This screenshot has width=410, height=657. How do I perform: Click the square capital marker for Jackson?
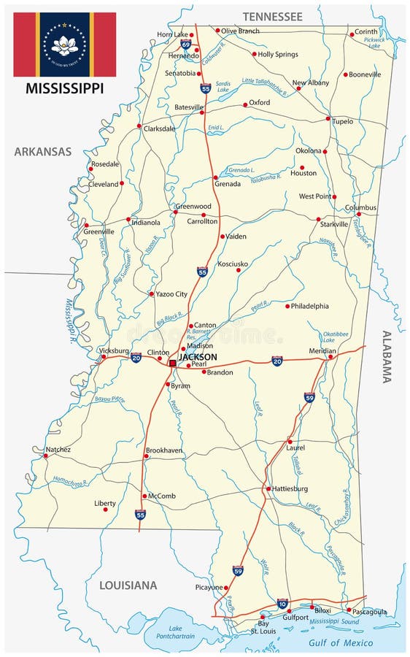pyautogui.click(x=172, y=363)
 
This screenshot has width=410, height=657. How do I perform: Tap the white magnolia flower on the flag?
pyautogui.click(x=64, y=45)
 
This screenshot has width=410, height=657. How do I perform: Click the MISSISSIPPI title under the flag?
pyautogui.click(x=64, y=89)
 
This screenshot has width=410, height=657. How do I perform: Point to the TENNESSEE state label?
pyautogui.click(x=272, y=16)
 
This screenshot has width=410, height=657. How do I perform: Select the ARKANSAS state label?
pyautogui.click(x=43, y=152)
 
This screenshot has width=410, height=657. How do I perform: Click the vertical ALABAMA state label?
pyautogui.click(x=387, y=356)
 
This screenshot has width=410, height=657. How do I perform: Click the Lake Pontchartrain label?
pyautogui.click(x=178, y=632)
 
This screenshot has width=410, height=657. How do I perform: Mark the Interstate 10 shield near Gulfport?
pyautogui.click(x=282, y=604)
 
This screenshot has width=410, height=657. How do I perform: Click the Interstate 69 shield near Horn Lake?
pyautogui.click(x=186, y=45)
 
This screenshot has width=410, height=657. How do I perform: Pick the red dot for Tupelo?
pyautogui.click(x=328, y=118)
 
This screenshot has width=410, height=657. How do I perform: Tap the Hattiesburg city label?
pyautogui.click(x=290, y=489)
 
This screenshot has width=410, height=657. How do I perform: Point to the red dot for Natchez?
pyautogui.click(x=45, y=456)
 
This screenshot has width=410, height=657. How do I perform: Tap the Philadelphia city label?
pyautogui.click(x=309, y=307)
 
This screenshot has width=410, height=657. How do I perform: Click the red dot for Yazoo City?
pyautogui.click(x=151, y=294)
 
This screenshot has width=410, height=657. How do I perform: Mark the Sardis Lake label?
pyautogui.click(x=224, y=88)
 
